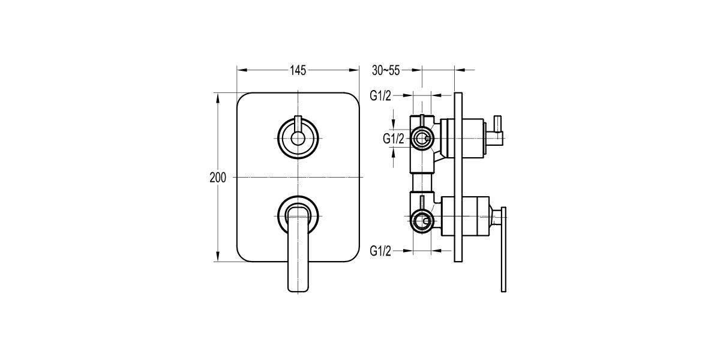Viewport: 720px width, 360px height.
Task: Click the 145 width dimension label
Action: click(298, 71)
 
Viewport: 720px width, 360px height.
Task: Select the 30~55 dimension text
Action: click(385, 71)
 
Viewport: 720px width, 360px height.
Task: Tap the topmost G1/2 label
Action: click(380, 95)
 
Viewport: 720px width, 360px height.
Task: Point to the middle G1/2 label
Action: click(394, 139)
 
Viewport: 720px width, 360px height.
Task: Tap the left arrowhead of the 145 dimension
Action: click(241, 71)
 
